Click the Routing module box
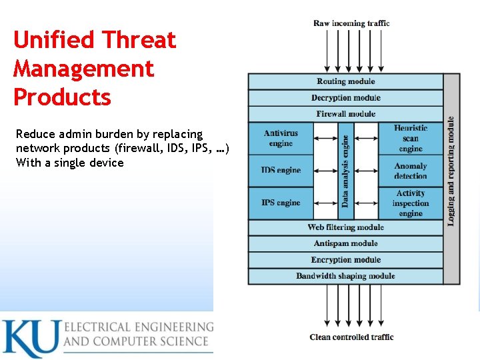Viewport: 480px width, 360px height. pos(345,81)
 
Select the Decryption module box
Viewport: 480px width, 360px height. pos(345,98)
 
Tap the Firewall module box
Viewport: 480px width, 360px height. pos(345,114)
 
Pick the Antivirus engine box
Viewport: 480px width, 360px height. pos(281,139)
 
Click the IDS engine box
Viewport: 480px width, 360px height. pos(281,171)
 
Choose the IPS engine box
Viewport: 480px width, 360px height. pos(281,203)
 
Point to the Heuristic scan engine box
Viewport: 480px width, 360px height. pos(410,139)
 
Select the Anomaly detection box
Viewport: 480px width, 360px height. pos(410,171)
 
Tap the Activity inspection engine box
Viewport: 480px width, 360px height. pos(410,203)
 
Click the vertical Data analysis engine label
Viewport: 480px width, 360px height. pos(345,171)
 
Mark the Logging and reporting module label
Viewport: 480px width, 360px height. pos(451,171)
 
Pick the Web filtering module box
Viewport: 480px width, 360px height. pos(345,227)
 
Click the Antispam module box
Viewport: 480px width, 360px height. pos(345,243)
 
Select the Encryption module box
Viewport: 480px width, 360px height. pos(345,260)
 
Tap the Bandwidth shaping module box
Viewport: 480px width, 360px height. pos(345,276)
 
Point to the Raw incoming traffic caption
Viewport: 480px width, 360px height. pos(351,23)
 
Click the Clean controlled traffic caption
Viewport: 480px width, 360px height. pos(351,337)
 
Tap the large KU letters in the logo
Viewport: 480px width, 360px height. pos(30,338)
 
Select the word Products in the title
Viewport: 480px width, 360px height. pos(62,97)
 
